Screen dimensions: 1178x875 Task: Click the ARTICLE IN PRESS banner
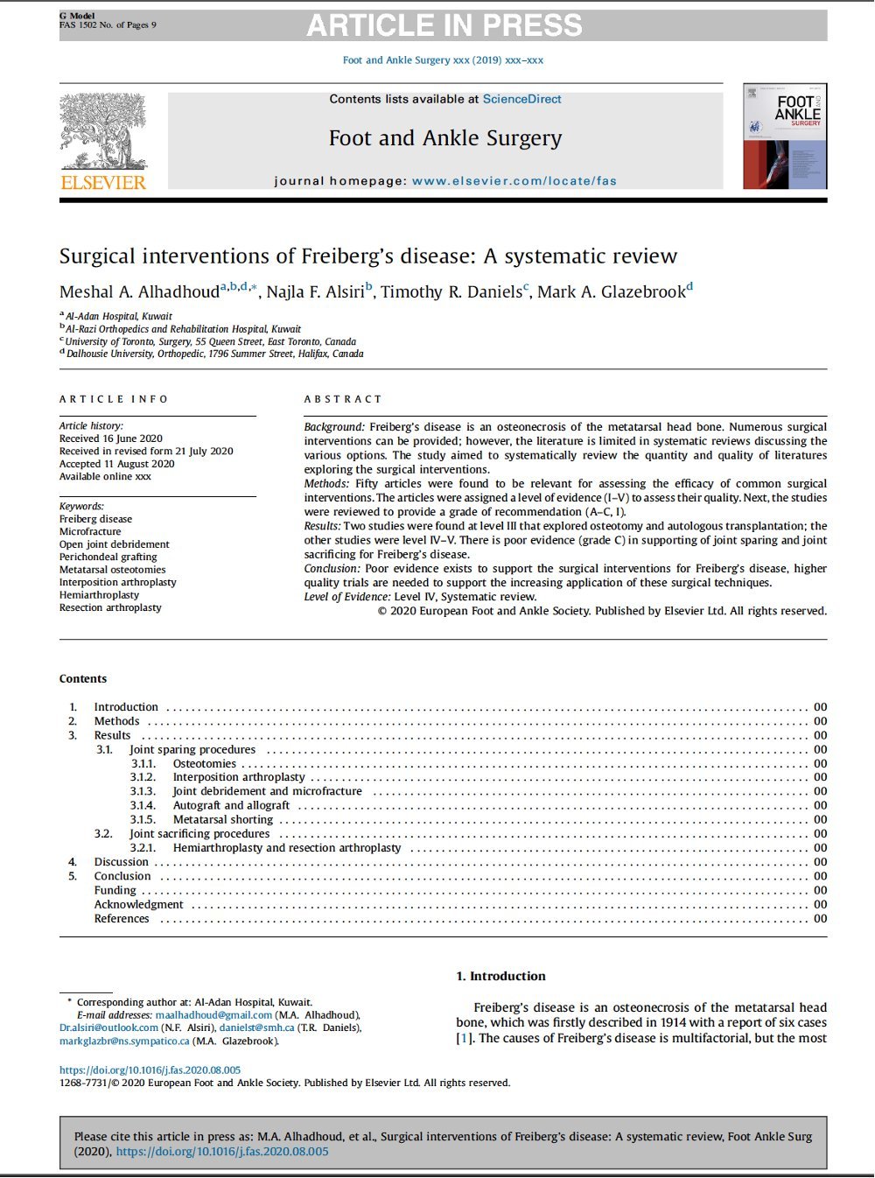[x=444, y=25]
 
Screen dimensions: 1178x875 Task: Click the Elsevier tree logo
[x=103, y=133]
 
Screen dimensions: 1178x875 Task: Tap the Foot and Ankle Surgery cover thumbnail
[x=784, y=137]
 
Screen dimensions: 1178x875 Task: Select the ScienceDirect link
[x=521, y=100]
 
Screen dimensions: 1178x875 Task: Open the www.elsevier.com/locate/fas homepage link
[x=514, y=181]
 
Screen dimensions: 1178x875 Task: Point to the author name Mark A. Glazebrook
[x=611, y=292]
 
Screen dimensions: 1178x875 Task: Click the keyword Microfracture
[x=90, y=531]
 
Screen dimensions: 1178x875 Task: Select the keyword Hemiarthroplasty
[x=99, y=595]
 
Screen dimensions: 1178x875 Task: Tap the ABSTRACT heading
[x=343, y=399]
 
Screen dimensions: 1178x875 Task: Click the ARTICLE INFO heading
[x=114, y=399]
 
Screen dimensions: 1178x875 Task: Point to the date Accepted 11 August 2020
[x=116, y=464]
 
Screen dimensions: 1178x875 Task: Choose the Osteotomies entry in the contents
[x=205, y=764]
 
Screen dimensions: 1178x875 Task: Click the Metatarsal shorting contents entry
[x=223, y=820]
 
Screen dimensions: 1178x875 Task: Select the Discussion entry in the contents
[x=122, y=862]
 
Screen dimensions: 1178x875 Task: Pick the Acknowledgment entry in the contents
[x=139, y=905]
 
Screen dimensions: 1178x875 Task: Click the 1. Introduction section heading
[x=500, y=977]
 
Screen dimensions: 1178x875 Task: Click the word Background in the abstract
[x=333, y=427]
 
